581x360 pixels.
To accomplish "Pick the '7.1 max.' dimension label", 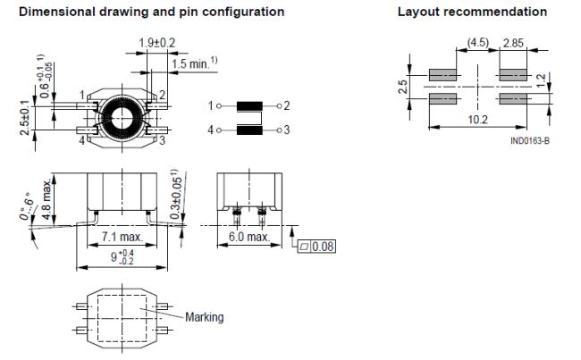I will (120, 238).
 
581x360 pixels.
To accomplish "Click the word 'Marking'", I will (205, 316).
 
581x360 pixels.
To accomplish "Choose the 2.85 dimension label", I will (516, 43).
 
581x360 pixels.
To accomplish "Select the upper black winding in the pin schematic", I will (250, 106).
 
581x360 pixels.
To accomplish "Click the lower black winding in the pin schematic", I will (250, 130).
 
